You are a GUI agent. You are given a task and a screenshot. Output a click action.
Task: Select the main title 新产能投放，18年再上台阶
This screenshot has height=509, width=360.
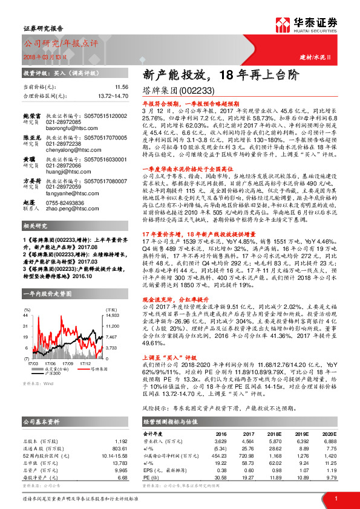(x=220, y=74)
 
